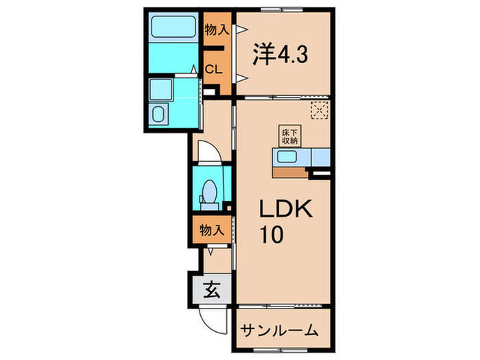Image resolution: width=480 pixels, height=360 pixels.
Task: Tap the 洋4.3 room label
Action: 281,54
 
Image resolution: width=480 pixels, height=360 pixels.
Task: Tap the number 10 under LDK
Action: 269,235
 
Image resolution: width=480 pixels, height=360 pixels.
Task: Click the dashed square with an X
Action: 319,110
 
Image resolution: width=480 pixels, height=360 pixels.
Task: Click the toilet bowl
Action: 210,190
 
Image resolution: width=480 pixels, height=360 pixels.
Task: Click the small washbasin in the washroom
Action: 158,114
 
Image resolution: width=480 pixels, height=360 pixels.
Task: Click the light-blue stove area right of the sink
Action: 320,158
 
